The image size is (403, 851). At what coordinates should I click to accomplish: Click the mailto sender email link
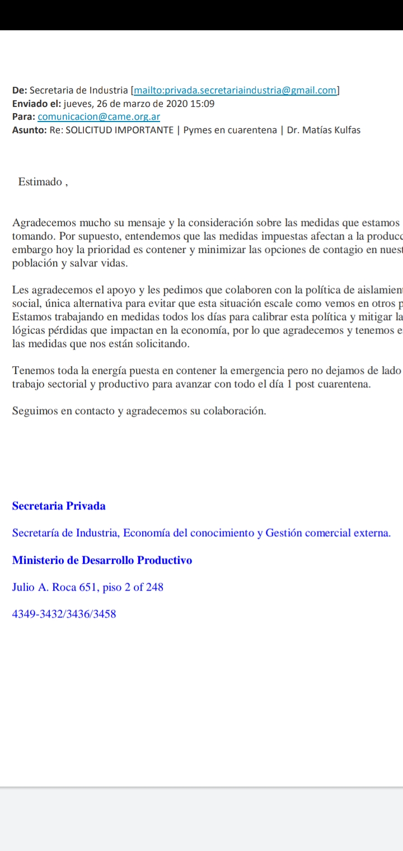click(x=235, y=90)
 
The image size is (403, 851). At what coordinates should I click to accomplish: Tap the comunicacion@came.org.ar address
click(x=99, y=117)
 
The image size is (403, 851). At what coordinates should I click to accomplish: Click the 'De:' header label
click(x=19, y=90)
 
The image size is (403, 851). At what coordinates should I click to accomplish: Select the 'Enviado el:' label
click(x=36, y=104)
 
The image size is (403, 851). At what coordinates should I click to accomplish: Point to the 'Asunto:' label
click(x=30, y=130)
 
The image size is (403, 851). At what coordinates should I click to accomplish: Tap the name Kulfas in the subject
click(x=346, y=130)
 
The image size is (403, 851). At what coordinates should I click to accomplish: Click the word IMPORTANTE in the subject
click(x=145, y=130)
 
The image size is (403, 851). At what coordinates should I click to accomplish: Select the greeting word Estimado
click(x=40, y=181)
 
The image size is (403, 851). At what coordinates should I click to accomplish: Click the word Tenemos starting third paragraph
click(x=34, y=371)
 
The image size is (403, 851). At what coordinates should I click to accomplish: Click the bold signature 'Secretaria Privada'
click(x=59, y=506)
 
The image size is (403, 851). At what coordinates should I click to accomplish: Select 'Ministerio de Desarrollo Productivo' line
click(x=102, y=560)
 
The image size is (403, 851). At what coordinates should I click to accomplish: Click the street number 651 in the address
click(x=90, y=587)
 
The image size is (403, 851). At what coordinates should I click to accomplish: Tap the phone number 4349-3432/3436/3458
click(x=64, y=614)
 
